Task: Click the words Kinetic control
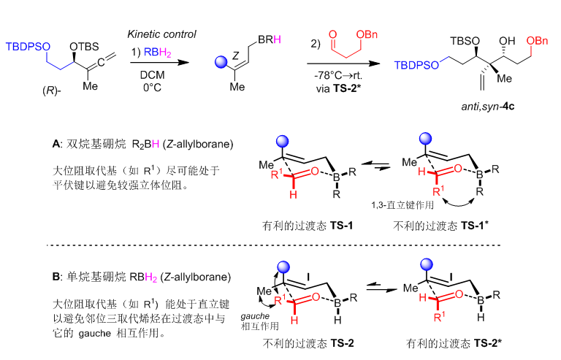point(161,34)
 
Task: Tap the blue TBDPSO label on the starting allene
point(28,47)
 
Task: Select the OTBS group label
point(84,47)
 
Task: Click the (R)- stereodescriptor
point(52,91)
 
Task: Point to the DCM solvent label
point(153,75)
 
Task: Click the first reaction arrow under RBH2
point(159,63)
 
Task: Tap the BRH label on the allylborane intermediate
point(269,39)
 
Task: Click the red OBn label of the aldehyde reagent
point(367,34)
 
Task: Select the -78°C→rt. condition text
point(338,76)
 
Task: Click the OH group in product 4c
point(507,41)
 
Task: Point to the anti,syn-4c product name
point(488,107)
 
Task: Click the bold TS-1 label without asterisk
point(341,225)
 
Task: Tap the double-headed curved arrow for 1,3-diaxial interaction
point(459,204)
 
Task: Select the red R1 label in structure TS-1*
point(438,191)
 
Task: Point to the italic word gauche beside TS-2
point(255,316)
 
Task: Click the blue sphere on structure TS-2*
point(426,265)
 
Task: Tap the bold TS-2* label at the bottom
point(488,343)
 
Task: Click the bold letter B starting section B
point(56,277)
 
